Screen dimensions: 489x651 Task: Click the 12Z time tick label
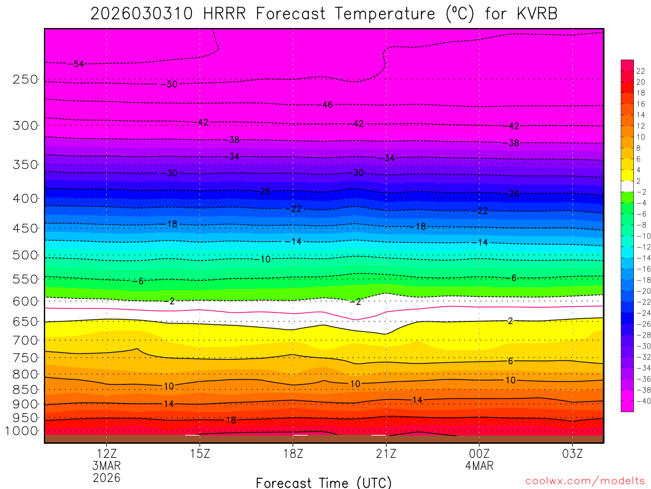[106, 453]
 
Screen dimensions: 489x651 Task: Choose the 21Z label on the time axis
[386, 453]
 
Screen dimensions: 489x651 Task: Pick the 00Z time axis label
[479, 453]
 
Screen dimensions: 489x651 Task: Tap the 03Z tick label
[572, 453]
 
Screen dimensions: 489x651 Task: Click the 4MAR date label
[479, 465]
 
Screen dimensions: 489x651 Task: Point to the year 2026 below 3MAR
[106, 477]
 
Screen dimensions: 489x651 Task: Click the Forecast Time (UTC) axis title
[324, 483]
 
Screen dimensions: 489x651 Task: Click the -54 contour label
[78, 64]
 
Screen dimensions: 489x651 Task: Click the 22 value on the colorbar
[641, 71]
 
